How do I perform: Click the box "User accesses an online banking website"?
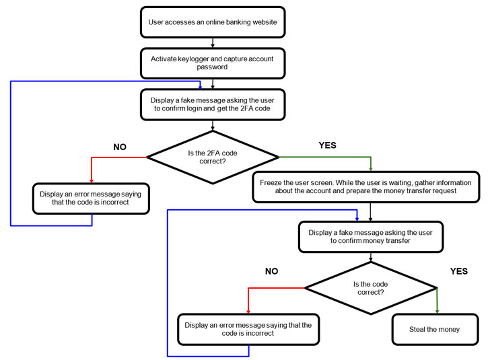click(212, 22)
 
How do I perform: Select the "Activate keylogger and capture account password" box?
click(212, 63)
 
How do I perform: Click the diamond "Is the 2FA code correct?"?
click(212, 157)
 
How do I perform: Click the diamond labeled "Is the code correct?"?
click(370, 288)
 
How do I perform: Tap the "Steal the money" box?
click(434, 330)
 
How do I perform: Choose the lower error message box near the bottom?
click(248, 330)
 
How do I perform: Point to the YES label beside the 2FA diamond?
click(326, 145)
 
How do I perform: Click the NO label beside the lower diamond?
click(271, 271)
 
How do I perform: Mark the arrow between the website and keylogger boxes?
click(213, 43)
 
